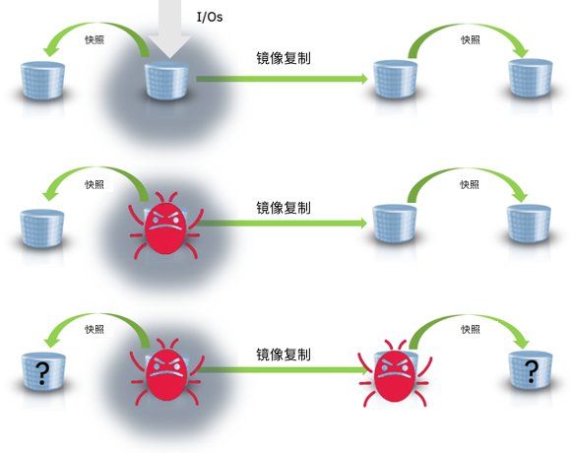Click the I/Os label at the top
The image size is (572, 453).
[x=210, y=17]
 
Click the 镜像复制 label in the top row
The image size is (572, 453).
[x=284, y=58]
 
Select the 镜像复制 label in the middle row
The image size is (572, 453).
[x=284, y=208]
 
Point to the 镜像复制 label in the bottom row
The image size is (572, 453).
[x=284, y=355]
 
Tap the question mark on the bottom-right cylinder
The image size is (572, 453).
[x=532, y=371]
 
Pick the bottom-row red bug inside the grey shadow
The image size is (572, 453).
[x=166, y=372]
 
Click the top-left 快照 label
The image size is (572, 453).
[x=95, y=39]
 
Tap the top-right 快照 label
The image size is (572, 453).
[x=471, y=39]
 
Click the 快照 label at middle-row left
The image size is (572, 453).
[x=95, y=184]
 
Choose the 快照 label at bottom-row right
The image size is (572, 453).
[x=471, y=329]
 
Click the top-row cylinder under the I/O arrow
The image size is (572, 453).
[x=166, y=81]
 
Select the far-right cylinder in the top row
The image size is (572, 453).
[x=530, y=78]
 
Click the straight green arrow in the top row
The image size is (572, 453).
[x=282, y=79]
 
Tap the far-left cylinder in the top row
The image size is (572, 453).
[x=42, y=81]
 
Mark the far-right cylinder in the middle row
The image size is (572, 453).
[x=529, y=223]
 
